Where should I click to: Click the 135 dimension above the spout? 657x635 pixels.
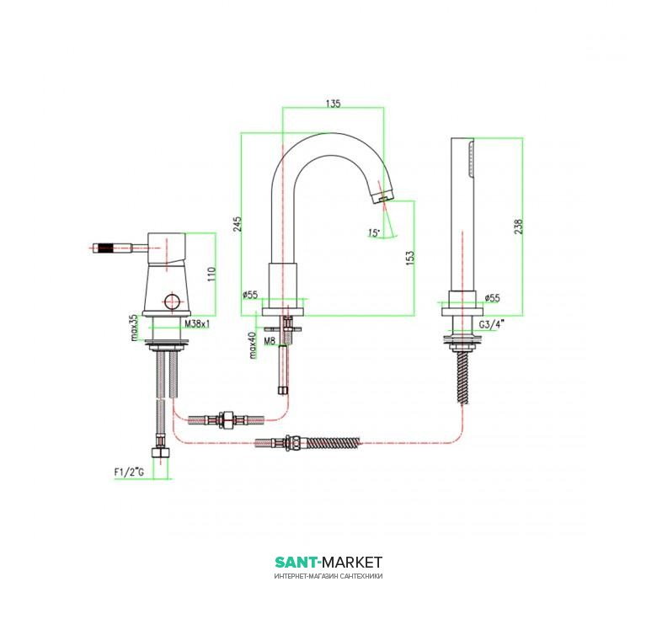tap(333, 103)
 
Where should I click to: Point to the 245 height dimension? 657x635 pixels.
tap(238, 225)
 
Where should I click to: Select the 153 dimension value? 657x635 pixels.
tap(410, 257)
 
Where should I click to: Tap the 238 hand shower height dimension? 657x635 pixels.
tap(518, 227)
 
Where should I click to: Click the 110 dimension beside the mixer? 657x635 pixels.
tap(211, 274)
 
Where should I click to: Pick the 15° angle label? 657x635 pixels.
tap(374, 232)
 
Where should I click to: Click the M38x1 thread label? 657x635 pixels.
tap(197, 323)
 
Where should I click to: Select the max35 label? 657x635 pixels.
tap(134, 327)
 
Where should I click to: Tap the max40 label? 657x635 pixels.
tap(253, 345)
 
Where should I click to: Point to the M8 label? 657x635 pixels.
tap(270, 341)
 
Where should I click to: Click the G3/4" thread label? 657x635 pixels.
tap(492, 323)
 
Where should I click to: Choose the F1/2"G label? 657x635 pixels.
tap(129, 472)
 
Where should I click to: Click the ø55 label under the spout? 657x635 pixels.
tap(250, 295)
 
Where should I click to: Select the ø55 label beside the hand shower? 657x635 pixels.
tap(493, 298)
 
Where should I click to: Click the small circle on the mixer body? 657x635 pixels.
tap(171, 301)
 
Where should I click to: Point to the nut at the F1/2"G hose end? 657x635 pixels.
tap(162, 453)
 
